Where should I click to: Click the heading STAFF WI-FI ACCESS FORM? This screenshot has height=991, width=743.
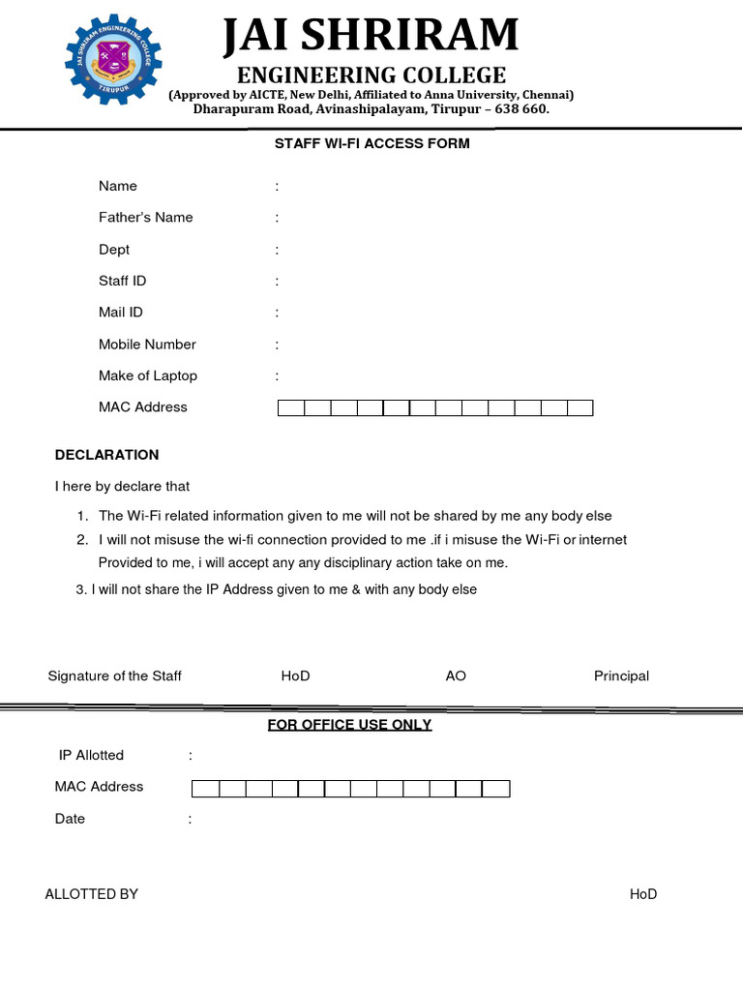tap(371, 143)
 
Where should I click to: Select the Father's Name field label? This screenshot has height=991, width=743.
tap(145, 218)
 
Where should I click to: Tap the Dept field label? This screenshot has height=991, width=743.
tap(114, 250)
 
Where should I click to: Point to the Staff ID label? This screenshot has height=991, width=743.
tap(123, 281)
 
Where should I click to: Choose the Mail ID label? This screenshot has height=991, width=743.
tap(121, 313)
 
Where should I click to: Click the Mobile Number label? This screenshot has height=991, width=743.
tap(147, 345)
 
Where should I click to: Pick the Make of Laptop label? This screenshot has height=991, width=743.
tap(147, 375)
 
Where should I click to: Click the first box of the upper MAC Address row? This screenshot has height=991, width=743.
tap(291, 408)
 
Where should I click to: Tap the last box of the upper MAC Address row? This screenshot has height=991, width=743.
tap(580, 408)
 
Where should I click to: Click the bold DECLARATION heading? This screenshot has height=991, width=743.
tap(106, 455)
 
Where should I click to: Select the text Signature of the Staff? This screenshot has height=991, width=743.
tap(114, 676)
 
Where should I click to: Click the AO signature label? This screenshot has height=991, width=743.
tap(456, 676)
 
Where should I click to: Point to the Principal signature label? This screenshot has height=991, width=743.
tap(621, 676)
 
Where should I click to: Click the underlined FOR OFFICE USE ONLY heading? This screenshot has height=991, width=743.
tap(349, 725)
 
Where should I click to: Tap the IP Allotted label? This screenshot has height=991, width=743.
tap(91, 755)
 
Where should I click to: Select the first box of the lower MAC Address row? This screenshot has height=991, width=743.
tap(206, 789)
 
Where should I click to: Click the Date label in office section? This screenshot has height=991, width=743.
tap(70, 819)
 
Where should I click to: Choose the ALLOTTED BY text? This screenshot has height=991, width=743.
tap(91, 894)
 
